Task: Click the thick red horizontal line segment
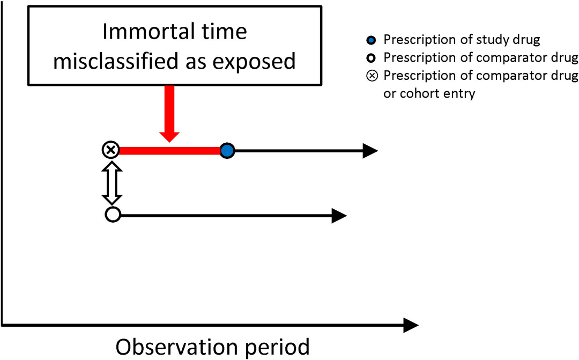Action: pyautogui.click(x=169, y=151)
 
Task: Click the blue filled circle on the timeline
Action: pyautogui.click(x=227, y=151)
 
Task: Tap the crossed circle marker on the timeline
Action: pyautogui.click(x=110, y=150)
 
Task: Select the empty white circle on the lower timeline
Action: pyautogui.click(x=113, y=215)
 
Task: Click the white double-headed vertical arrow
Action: pyautogui.click(x=112, y=183)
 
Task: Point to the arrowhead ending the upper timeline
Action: pyautogui.click(x=370, y=151)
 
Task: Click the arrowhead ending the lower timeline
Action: pyautogui.click(x=339, y=216)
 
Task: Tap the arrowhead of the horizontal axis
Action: pyautogui.click(x=411, y=325)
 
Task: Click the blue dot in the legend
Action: pyautogui.click(x=371, y=40)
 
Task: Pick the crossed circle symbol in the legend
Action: pyautogui.click(x=372, y=76)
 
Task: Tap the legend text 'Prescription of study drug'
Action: pyautogui.click(x=462, y=40)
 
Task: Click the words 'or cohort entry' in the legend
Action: pyautogui.click(x=429, y=93)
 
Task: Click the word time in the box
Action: pyautogui.click(x=226, y=32)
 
